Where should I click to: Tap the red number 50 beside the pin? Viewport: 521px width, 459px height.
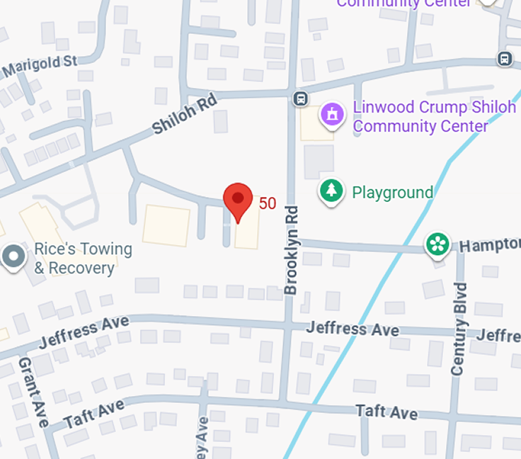pos(268,204)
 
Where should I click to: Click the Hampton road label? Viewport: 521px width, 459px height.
pos(489,245)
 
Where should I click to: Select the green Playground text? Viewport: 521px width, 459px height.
pos(392,193)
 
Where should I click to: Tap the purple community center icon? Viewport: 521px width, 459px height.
pos(331,114)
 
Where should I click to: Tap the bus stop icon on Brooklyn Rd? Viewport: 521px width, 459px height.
pos(302,98)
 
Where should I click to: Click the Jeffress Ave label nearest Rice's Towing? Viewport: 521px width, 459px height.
pos(84,331)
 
